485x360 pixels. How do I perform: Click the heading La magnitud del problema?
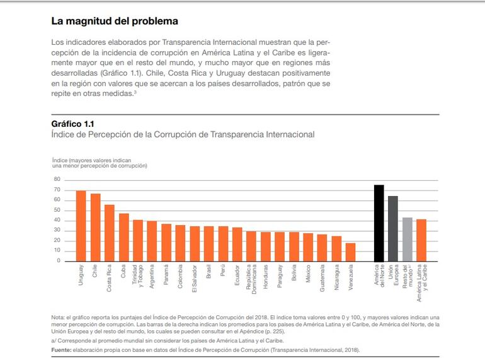(114, 21)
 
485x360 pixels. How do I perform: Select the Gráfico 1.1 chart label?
(72, 124)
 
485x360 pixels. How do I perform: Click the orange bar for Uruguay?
(81, 226)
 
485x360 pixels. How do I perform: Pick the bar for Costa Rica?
(109, 233)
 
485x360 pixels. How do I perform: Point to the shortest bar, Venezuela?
(350, 252)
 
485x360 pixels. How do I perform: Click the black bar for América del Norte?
(379, 223)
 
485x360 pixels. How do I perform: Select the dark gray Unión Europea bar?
(393, 228)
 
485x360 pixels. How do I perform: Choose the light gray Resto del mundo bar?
(408, 239)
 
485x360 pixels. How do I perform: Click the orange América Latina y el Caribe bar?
(421, 240)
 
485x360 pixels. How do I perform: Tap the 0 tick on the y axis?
(58, 260)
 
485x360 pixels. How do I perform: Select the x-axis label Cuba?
(123, 272)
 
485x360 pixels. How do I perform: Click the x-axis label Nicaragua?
(336, 277)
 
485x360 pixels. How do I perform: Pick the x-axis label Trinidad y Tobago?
(137, 277)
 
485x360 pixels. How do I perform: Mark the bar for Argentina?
(152, 241)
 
